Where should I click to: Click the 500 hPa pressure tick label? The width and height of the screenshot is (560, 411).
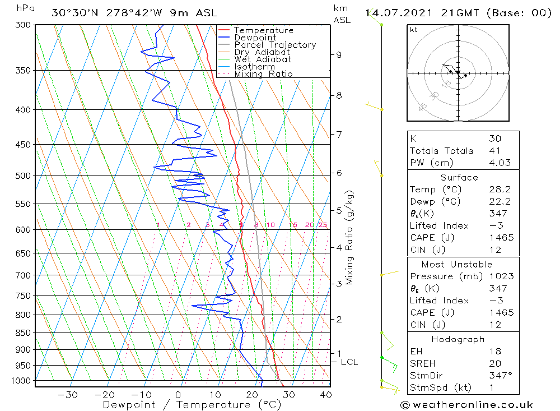[23, 176]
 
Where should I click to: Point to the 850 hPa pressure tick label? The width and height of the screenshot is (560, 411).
[23, 333]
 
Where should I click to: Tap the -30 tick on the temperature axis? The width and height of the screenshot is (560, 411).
[68, 395]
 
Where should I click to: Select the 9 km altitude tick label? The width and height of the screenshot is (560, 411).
[339, 54]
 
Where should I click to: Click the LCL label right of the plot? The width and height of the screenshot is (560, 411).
[349, 362]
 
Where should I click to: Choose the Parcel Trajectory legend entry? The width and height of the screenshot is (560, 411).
[275, 45]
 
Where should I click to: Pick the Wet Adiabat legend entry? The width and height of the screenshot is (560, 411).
[263, 59]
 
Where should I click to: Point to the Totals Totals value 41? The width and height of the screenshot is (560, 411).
[494, 151]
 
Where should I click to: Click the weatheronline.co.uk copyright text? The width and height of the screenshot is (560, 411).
[466, 405]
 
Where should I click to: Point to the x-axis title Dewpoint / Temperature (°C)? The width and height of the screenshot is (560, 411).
[192, 405]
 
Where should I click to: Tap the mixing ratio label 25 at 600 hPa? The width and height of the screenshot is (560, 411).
[323, 225]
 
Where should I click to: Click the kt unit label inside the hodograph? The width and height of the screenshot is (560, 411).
[414, 29]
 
